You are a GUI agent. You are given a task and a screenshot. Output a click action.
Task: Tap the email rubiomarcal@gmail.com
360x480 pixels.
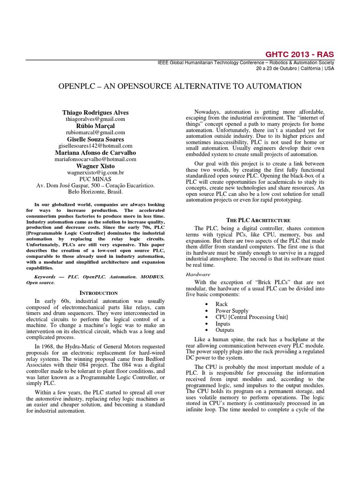pyautogui.click(x=95, y=133)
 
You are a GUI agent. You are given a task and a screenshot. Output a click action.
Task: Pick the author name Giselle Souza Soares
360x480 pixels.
pyautogui.click(x=95, y=139)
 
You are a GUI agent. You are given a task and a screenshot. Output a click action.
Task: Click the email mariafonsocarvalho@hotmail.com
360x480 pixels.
pyautogui.click(x=95, y=158)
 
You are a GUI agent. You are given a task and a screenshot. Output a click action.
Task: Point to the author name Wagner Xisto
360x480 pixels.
pyautogui.click(x=95, y=165)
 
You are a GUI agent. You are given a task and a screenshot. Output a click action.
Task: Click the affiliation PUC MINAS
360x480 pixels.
pyautogui.click(x=95, y=178)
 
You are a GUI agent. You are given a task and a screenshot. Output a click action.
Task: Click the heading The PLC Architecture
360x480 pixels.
pyautogui.click(x=258, y=220)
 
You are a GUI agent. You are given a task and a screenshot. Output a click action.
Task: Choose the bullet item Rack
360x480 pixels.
pyautogui.click(x=221, y=304)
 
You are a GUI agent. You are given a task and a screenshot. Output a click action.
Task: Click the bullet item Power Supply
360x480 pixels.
pyautogui.click(x=232, y=311)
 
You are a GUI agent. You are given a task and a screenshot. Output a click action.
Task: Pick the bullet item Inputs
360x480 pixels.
pyautogui.click(x=223, y=323)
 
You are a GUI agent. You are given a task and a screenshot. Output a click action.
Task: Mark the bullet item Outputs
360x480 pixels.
pyautogui.click(x=225, y=330)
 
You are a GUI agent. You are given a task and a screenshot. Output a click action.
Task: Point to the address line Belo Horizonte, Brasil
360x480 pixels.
pyautogui.click(x=95, y=191)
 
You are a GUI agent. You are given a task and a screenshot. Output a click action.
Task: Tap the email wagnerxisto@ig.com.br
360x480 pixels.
pyautogui.click(x=95, y=172)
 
